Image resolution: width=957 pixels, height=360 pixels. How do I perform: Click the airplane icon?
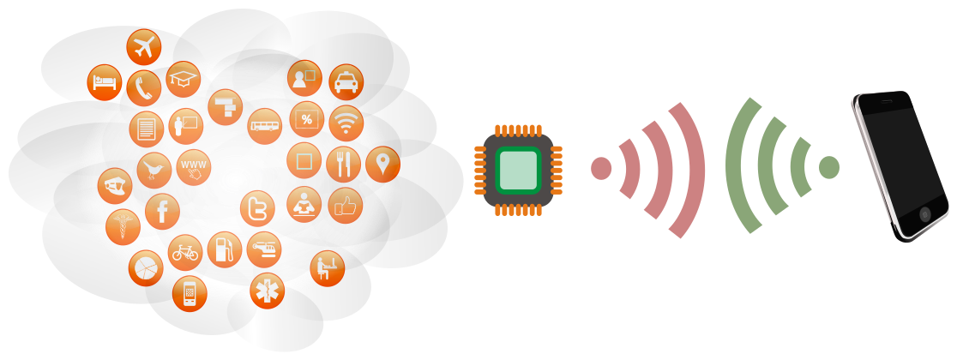[x=143, y=47]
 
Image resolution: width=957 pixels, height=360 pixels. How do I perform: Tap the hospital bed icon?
[x=105, y=82]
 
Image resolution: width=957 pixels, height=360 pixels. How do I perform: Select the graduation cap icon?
[x=184, y=79]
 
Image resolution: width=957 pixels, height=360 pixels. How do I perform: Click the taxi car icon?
[x=346, y=82]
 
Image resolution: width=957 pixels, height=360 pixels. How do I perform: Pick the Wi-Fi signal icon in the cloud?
[x=346, y=123]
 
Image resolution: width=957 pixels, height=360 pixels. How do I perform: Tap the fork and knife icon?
[x=343, y=164]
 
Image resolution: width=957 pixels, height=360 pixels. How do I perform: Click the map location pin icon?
[x=382, y=164]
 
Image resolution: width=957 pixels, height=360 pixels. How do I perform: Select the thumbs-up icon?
[x=346, y=206]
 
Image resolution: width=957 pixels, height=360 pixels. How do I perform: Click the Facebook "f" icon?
[x=162, y=211]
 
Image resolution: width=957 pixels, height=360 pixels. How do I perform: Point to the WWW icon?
[x=194, y=167]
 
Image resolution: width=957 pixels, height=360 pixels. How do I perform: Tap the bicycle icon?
[x=185, y=252]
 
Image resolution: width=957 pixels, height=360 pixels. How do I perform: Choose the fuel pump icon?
[x=225, y=249]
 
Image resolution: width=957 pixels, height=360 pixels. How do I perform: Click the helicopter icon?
[x=263, y=249]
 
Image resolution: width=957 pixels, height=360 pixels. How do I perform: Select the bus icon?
[x=265, y=126]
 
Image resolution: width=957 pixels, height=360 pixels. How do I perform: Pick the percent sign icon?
[x=306, y=119]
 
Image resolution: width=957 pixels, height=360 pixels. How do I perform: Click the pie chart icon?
[x=146, y=268]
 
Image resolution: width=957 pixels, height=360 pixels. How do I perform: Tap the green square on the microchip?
[x=518, y=171]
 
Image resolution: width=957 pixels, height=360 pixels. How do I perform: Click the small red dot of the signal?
[x=601, y=168]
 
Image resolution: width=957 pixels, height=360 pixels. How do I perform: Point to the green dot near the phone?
[x=829, y=167]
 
